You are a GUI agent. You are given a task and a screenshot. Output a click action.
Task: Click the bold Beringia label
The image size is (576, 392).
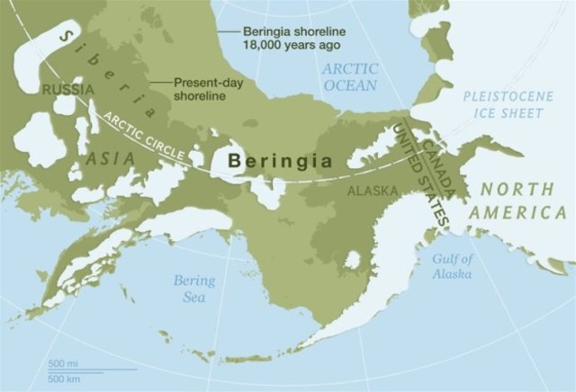[280, 162]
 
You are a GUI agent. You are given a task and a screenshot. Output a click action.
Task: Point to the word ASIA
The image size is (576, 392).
[112, 158]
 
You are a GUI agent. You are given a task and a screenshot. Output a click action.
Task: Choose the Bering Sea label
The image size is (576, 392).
[194, 289]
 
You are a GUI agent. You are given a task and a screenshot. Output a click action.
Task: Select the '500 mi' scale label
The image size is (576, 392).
[63, 362]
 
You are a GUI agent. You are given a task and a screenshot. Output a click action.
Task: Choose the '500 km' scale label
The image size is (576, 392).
[64, 376]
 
